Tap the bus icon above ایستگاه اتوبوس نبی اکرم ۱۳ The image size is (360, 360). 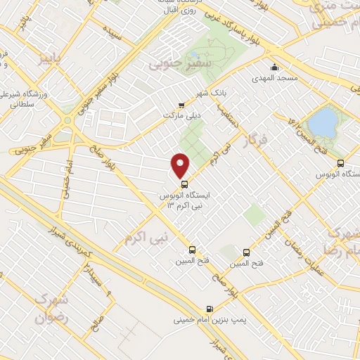point(185,185)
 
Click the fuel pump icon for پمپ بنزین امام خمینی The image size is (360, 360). point(210,309)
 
